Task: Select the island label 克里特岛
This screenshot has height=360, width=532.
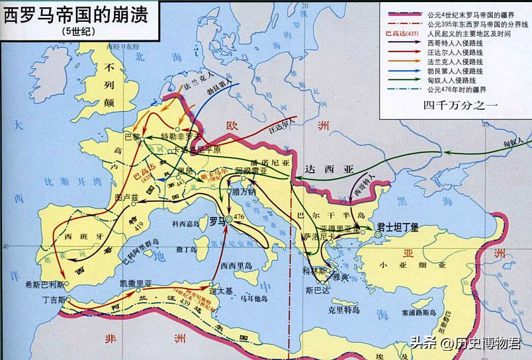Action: (344, 310)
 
